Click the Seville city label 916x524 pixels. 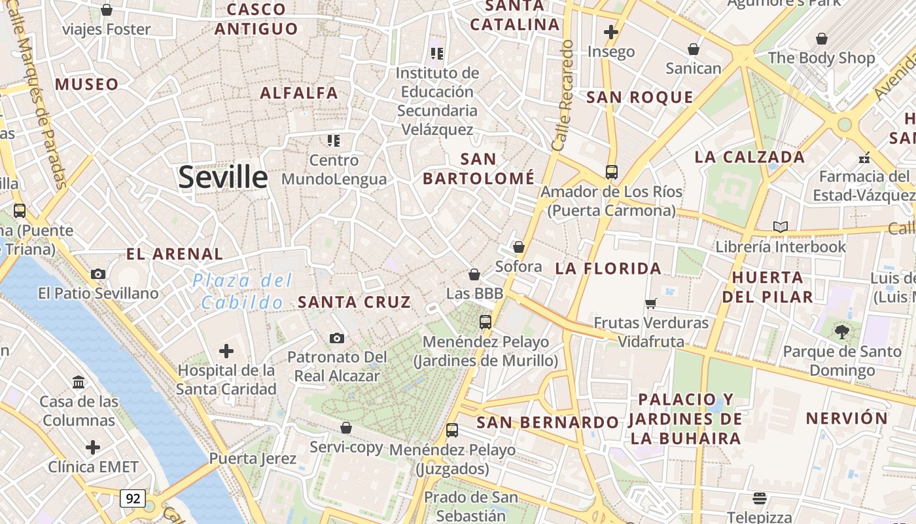(223, 177)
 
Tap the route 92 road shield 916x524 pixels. (133, 498)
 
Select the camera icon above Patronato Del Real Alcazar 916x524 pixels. (337, 338)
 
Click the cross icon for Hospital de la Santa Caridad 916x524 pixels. (226, 351)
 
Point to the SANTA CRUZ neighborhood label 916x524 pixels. (355, 302)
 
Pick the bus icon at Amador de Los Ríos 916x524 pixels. (612, 172)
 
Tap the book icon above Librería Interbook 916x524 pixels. (780, 227)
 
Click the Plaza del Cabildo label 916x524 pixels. (242, 291)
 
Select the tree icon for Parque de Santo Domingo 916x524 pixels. (842, 331)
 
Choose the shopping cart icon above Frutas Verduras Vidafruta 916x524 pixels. (651, 303)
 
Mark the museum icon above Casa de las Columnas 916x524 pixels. (79, 382)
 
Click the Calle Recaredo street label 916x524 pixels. (563, 96)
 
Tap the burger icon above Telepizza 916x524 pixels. (759, 498)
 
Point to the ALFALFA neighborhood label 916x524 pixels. (299, 93)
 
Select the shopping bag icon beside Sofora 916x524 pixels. (519, 247)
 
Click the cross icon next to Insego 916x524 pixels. (611, 31)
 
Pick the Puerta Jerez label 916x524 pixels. (253, 458)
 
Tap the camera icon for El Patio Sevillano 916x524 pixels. (98, 274)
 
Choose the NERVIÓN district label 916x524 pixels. (847, 418)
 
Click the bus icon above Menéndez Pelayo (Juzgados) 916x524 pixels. (452, 430)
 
